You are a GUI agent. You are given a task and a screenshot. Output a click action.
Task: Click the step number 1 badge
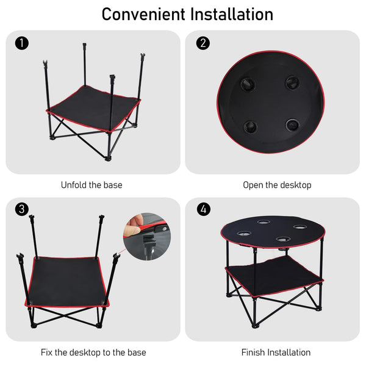pos(22,43)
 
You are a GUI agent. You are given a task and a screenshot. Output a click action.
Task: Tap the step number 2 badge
pos(203,43)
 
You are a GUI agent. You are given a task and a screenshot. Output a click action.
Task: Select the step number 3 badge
pos(22,209)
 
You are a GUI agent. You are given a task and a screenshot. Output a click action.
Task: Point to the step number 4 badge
pos(204,209)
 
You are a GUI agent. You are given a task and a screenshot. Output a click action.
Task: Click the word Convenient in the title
pos(143,15)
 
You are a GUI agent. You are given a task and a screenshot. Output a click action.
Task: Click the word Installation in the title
pos(232,15)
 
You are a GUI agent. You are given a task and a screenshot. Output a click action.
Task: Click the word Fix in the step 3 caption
pos(46,352)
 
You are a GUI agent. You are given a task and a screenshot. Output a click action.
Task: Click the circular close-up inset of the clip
pos(147,237)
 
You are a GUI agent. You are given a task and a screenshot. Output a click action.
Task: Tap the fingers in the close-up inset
pos(133,225)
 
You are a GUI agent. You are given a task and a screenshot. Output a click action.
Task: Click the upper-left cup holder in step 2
pos(248,84)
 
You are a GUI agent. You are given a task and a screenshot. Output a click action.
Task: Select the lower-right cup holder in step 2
pos(293,125)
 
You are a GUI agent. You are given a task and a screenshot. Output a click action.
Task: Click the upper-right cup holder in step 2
pos(293,82)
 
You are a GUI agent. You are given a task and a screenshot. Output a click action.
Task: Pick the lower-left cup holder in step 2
pos(249,127)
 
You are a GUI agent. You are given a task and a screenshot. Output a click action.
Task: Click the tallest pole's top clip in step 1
pos(85,45)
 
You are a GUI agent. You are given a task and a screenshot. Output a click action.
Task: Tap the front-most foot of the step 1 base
pos(108,159)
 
